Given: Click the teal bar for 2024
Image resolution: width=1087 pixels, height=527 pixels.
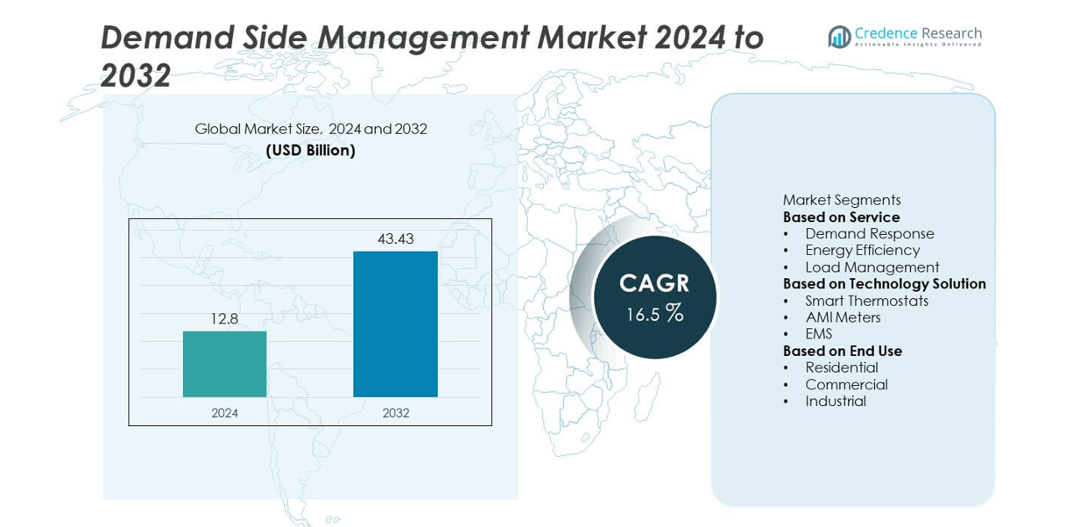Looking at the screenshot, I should point(224,364).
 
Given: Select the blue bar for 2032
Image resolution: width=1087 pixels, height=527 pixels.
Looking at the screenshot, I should point(395,324).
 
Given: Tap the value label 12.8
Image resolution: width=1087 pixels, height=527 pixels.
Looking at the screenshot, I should point(224,319).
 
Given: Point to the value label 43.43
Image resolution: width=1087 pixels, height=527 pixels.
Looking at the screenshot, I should point(395,239).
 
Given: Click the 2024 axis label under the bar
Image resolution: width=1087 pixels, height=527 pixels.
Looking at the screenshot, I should point(224,413).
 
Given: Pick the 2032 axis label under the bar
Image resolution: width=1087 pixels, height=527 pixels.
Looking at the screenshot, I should point(395,413).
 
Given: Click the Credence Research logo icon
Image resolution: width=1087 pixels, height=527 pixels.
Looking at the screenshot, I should point(839,37).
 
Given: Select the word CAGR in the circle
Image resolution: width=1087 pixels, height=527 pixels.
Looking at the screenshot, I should point(654,283).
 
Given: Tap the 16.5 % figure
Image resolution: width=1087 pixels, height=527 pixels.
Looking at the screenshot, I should point(654,314).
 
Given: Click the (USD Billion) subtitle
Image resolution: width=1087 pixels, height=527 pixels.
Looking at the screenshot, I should point(311,151).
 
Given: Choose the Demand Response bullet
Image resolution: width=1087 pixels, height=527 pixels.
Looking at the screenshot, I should point(869,233).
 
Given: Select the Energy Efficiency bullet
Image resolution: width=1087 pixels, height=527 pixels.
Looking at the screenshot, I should point(862,250).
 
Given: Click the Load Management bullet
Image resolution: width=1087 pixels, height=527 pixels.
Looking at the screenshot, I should point(872,267).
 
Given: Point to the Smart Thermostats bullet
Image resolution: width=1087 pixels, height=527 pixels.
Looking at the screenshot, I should point(866,301).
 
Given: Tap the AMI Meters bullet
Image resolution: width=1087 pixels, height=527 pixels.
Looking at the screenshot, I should point(843,317).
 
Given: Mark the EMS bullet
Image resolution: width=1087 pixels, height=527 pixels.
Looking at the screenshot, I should point(819,334).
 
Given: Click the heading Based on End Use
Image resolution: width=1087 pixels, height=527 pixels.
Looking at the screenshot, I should point(843,351).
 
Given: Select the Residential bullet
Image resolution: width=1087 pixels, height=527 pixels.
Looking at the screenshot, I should point(841,367).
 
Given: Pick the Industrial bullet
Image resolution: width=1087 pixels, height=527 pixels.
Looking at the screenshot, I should point(836,401).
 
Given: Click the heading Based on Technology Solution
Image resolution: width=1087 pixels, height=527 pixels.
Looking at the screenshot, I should point(884,284).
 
